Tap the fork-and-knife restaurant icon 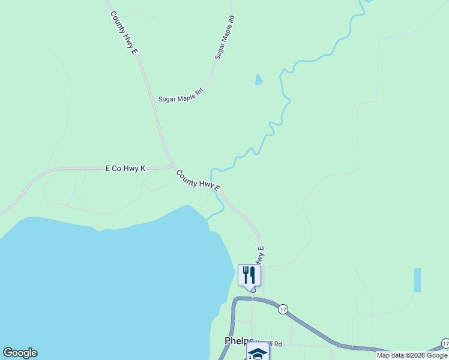249,275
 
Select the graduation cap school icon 258,353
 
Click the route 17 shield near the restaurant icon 283,309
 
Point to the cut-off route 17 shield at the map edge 445,343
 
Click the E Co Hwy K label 125,169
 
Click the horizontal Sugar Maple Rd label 181,95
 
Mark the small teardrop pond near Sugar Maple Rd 258,79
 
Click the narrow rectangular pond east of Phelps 417,280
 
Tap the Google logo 20,353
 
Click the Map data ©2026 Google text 412,355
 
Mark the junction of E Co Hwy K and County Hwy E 173,167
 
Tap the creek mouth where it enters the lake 209,219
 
